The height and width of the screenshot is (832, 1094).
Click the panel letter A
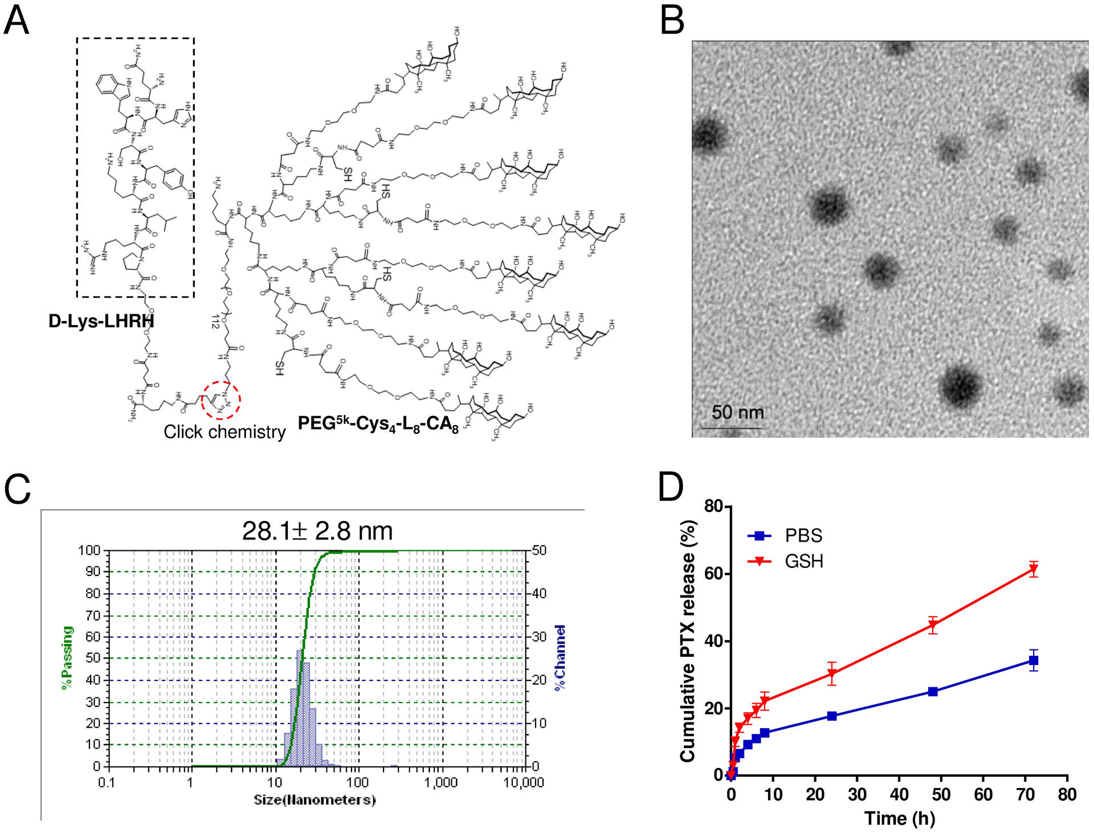[x=16, y=21]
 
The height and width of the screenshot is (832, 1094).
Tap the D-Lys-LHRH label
[x=101, y=321]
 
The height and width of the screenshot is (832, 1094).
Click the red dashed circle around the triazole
[x=221, y=400]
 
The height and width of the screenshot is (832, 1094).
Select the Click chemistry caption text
[x=224, y=432]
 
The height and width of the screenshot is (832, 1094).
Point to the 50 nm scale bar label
[x=737, y=412]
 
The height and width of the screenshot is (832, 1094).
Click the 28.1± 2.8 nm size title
[x=317, y=531]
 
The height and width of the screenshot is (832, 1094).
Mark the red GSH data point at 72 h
[x=1033, y=570]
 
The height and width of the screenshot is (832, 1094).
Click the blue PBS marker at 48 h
[x=933, y=692]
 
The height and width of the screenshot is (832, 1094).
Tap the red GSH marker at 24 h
[x=832, y=674]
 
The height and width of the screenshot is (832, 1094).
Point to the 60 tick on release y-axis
[x=713, y=574]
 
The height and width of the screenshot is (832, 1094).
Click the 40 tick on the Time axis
[x=899, y=794]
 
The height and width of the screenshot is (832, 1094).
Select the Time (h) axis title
[x=899, y=819]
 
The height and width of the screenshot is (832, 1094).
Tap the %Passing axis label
[x=67, y=658]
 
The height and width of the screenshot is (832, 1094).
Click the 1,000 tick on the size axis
[x=440, y=782]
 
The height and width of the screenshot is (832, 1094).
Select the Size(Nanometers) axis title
[x=315, y=800]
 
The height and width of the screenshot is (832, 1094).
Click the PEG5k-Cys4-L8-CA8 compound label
[x=378, y=424]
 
